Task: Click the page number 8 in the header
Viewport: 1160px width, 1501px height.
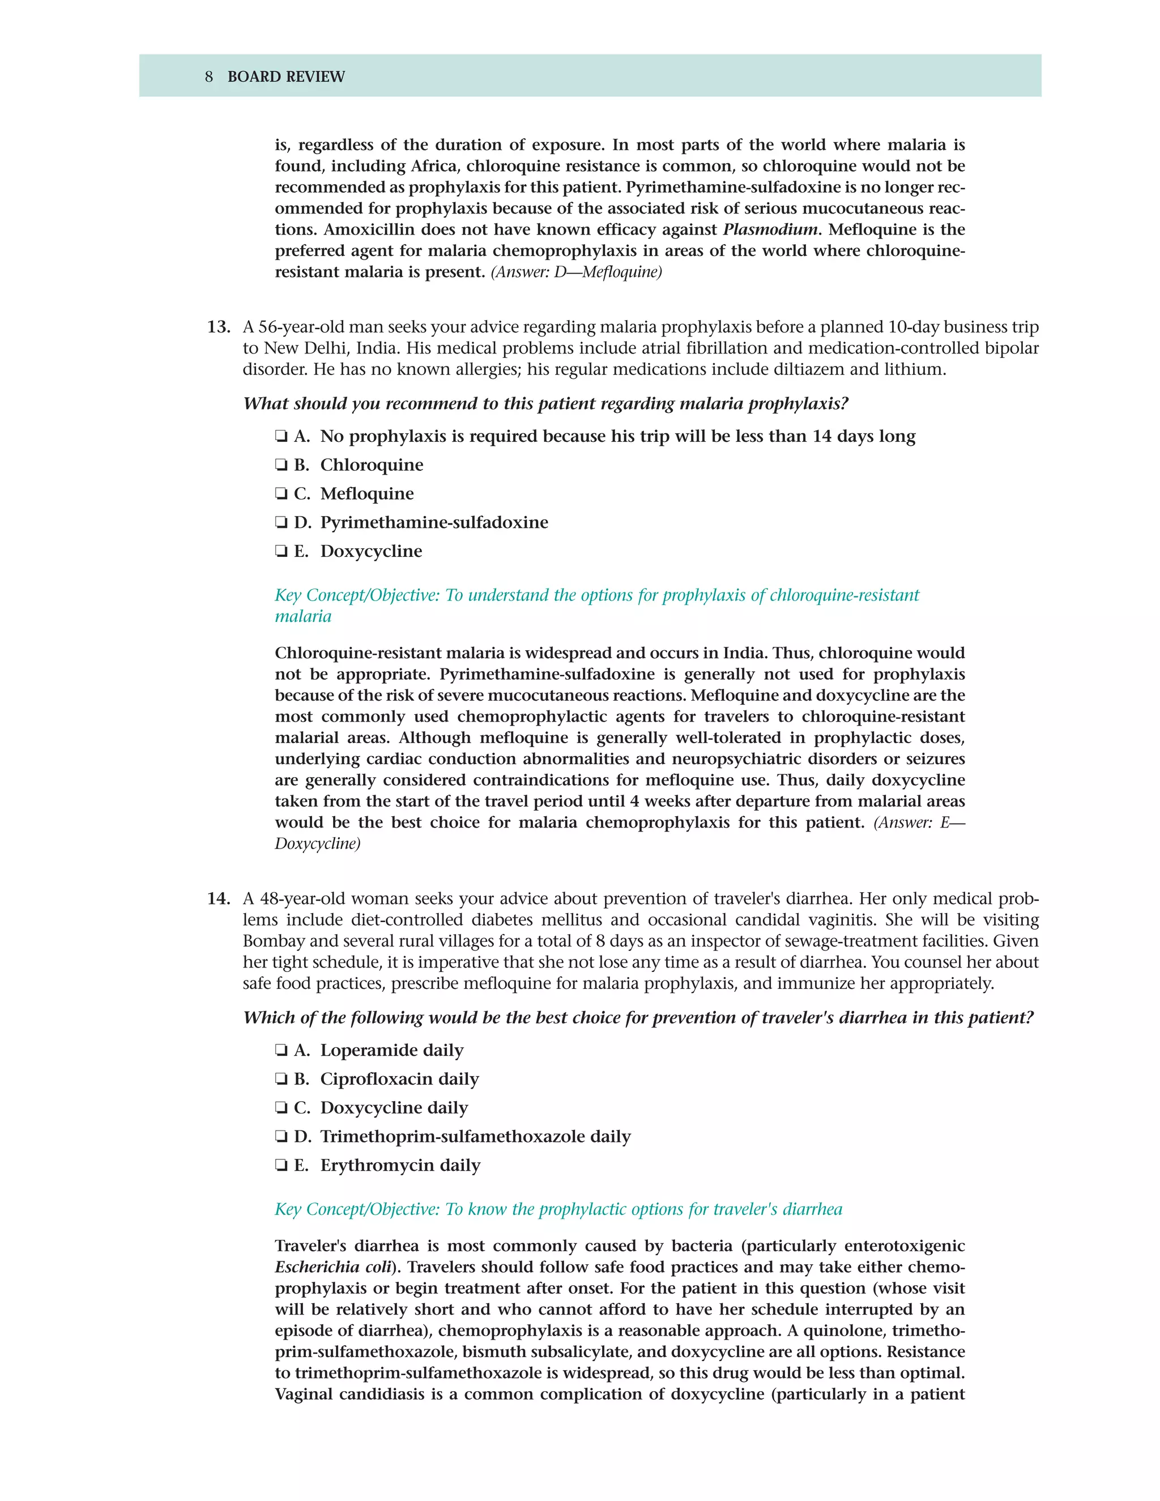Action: (x=209, y=77)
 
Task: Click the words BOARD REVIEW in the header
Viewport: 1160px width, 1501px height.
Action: (x=286, y=77)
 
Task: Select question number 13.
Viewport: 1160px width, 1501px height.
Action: (x=219, y=327)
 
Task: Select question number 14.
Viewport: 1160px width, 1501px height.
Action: (x=219, y=899)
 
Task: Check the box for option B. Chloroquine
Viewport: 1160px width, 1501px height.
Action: (x=281, y=465)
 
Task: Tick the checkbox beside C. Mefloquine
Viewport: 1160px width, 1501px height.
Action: (x=281, y=494)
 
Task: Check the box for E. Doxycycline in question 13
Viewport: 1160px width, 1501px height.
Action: (x=281, y=552)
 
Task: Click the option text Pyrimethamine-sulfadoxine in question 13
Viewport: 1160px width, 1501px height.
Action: (x=434, y=522)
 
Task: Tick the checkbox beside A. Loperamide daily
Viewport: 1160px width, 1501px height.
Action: (x=281, y=1051)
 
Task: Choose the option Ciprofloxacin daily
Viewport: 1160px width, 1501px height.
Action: (x=399, y=1079)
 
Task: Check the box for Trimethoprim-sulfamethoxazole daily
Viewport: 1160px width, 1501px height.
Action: (x=281, y=1137)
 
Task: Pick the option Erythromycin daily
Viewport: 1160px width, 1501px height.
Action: (x=400, y=1166)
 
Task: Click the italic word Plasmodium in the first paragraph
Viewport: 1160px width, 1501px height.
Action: (x=770, y=229)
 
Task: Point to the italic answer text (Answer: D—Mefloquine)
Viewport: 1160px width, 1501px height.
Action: (x=576, y=272)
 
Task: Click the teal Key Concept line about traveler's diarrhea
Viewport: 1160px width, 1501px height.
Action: (x=558, y=1210)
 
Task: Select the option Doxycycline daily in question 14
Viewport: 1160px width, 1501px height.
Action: (x=394, y=1108)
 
